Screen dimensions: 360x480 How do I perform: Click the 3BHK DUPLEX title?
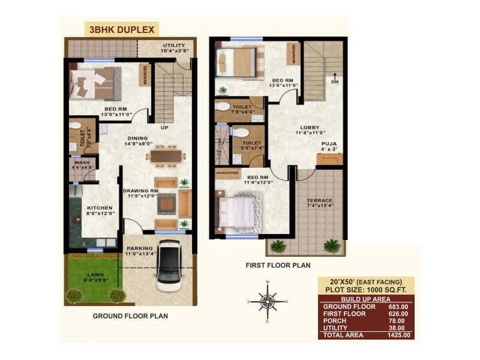122,29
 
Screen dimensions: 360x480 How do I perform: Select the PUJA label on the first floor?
329,143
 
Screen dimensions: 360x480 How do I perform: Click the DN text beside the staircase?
334,82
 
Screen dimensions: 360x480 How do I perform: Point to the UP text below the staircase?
163,128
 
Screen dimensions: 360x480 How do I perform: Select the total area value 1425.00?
397,335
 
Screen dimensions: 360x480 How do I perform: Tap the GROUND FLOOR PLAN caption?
130,316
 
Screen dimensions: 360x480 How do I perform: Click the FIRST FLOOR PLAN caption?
278,265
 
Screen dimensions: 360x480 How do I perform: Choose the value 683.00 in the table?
397,307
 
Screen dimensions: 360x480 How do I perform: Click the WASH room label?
82,163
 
